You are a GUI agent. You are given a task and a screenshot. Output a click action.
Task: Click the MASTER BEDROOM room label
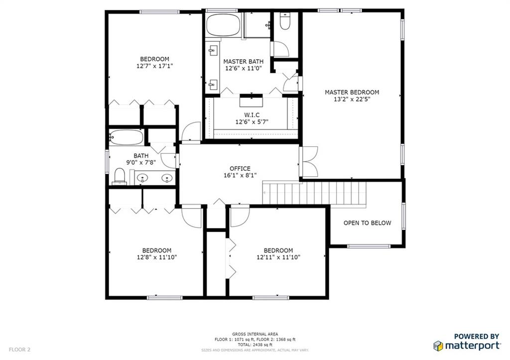pyautogui.click(x=352, y=92)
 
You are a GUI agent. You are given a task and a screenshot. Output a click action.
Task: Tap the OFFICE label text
pyautogui.click(x=240, y=168)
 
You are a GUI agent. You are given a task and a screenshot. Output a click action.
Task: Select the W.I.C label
pyautogui.click(x=252, y=115)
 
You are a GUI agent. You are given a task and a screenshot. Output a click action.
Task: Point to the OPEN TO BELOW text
pyautogui.click(x=367, y=223)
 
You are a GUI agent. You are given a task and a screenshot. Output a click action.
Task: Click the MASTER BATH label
pyautogui.click(x=243, y=61)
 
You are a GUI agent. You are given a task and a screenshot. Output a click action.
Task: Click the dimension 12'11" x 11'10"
pyautogui.click(x=278, y=257)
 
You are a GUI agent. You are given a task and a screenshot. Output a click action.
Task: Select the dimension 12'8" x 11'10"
pyautogui.click(x=157, y=257)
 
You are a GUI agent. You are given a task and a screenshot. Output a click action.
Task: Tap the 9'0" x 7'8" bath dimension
pyautogui.click(x=141, y=162)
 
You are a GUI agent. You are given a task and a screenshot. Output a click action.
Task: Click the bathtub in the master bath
pyautogui.click(x=223, y=25)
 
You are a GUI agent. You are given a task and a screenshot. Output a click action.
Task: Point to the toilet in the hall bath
pyautogui.click(x=120, y=177)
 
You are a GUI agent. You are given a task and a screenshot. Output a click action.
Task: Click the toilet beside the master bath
pyautogui.click(x=285, y=21)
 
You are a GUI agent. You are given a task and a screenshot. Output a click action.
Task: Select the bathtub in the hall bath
pyautogui.click(x=126, y=137)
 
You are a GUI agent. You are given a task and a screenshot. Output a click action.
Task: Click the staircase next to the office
pyautogui.click(x=314, y=193)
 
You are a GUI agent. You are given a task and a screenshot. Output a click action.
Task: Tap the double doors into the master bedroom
pyautogui.click(x=308, y=162)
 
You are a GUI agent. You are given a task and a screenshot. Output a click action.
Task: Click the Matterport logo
pyautogui.click(x=467, y=342)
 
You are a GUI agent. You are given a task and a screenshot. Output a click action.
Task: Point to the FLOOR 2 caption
pyautogui.click(x=19, y=350)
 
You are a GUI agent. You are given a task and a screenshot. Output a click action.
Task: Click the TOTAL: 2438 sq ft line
pyautogui.click(x=255, y=345)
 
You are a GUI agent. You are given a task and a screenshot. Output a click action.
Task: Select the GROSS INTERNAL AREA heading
pyautogui.click(x=255, y=334)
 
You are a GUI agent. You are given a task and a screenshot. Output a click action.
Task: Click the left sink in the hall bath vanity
pyautogui.click(x=142, y=178)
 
